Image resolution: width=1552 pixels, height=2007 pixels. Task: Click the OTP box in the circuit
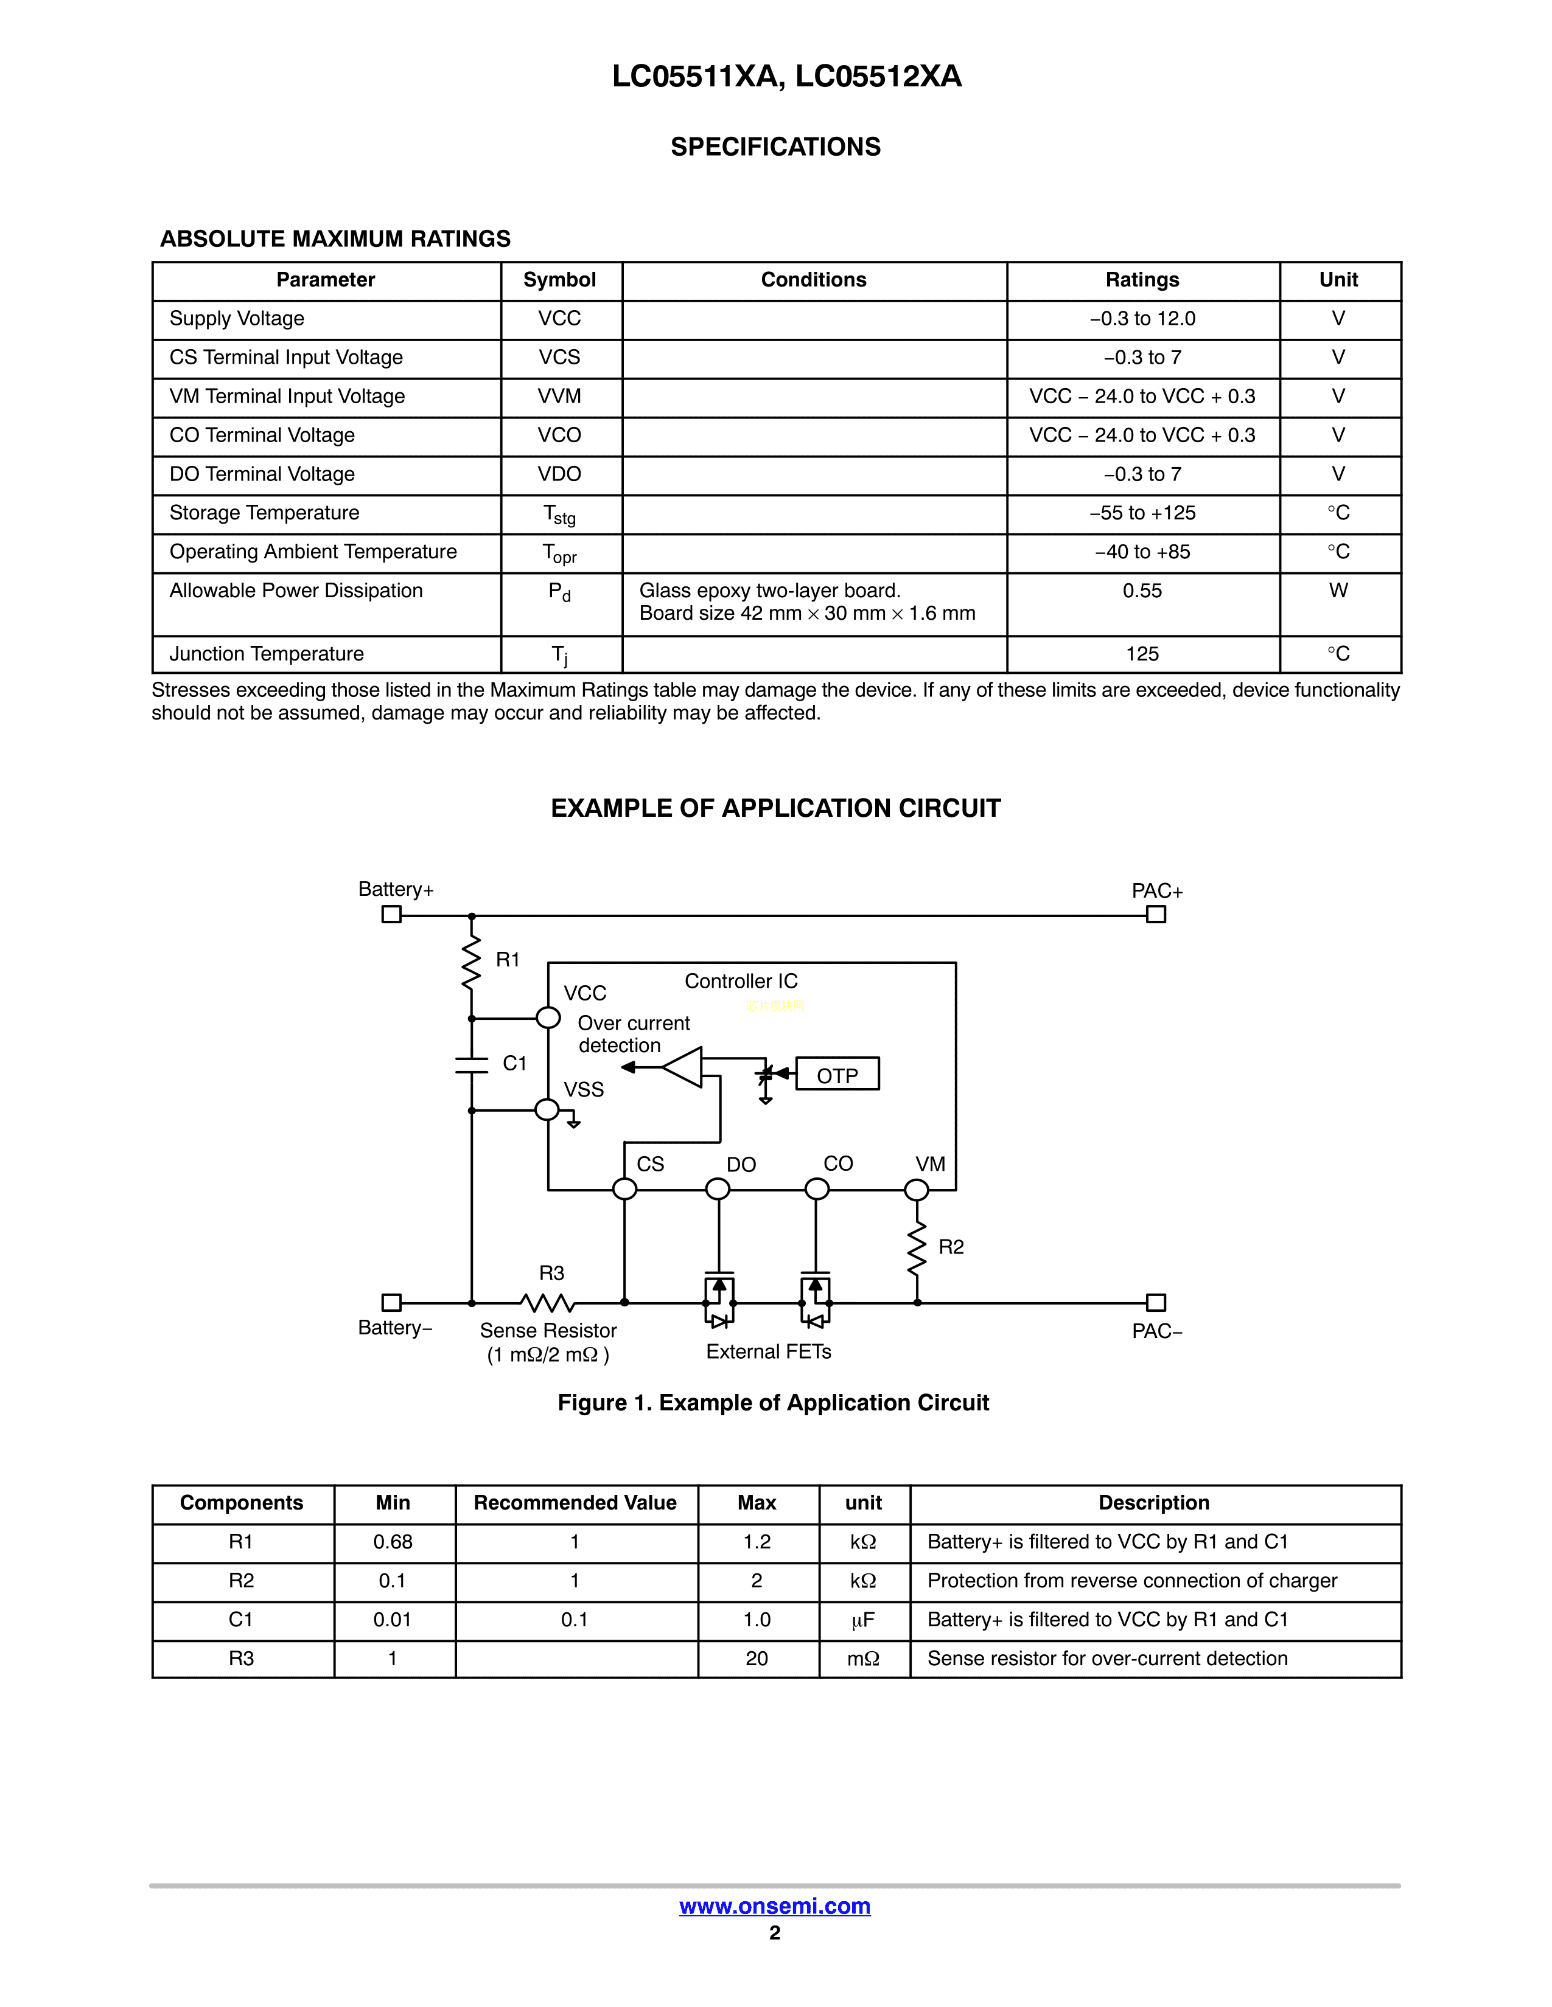[x=837, y=1074]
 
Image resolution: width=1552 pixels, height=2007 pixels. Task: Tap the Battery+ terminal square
[x=392, y=914]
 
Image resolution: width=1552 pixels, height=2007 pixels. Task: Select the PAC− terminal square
[x=1156, y=1302]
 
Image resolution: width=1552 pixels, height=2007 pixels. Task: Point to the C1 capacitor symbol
[x=472, y=1065]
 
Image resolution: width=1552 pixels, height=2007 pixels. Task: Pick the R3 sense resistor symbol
[x=547, y=1302]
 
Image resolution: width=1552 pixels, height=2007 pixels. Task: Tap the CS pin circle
[x=624, y=1189]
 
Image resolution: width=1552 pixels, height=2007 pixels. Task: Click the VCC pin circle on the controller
[x=548, y=1017]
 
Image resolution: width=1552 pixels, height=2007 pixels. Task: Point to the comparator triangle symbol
[x=682, y=1067]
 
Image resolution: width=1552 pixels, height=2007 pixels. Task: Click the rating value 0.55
[x=1142, y=591]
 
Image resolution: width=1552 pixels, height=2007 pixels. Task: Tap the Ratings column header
[x=1142, y=280]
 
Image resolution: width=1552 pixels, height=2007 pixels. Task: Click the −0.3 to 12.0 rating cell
[x=1142, y=319]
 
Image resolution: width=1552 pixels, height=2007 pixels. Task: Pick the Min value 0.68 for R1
[x=393, y=1542]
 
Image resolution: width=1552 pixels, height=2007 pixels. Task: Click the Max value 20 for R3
[x=757, y=1659]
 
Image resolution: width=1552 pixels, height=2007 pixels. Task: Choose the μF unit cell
[x=864, y=1620]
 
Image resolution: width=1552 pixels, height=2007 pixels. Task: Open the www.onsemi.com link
[x=774, y=1906]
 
